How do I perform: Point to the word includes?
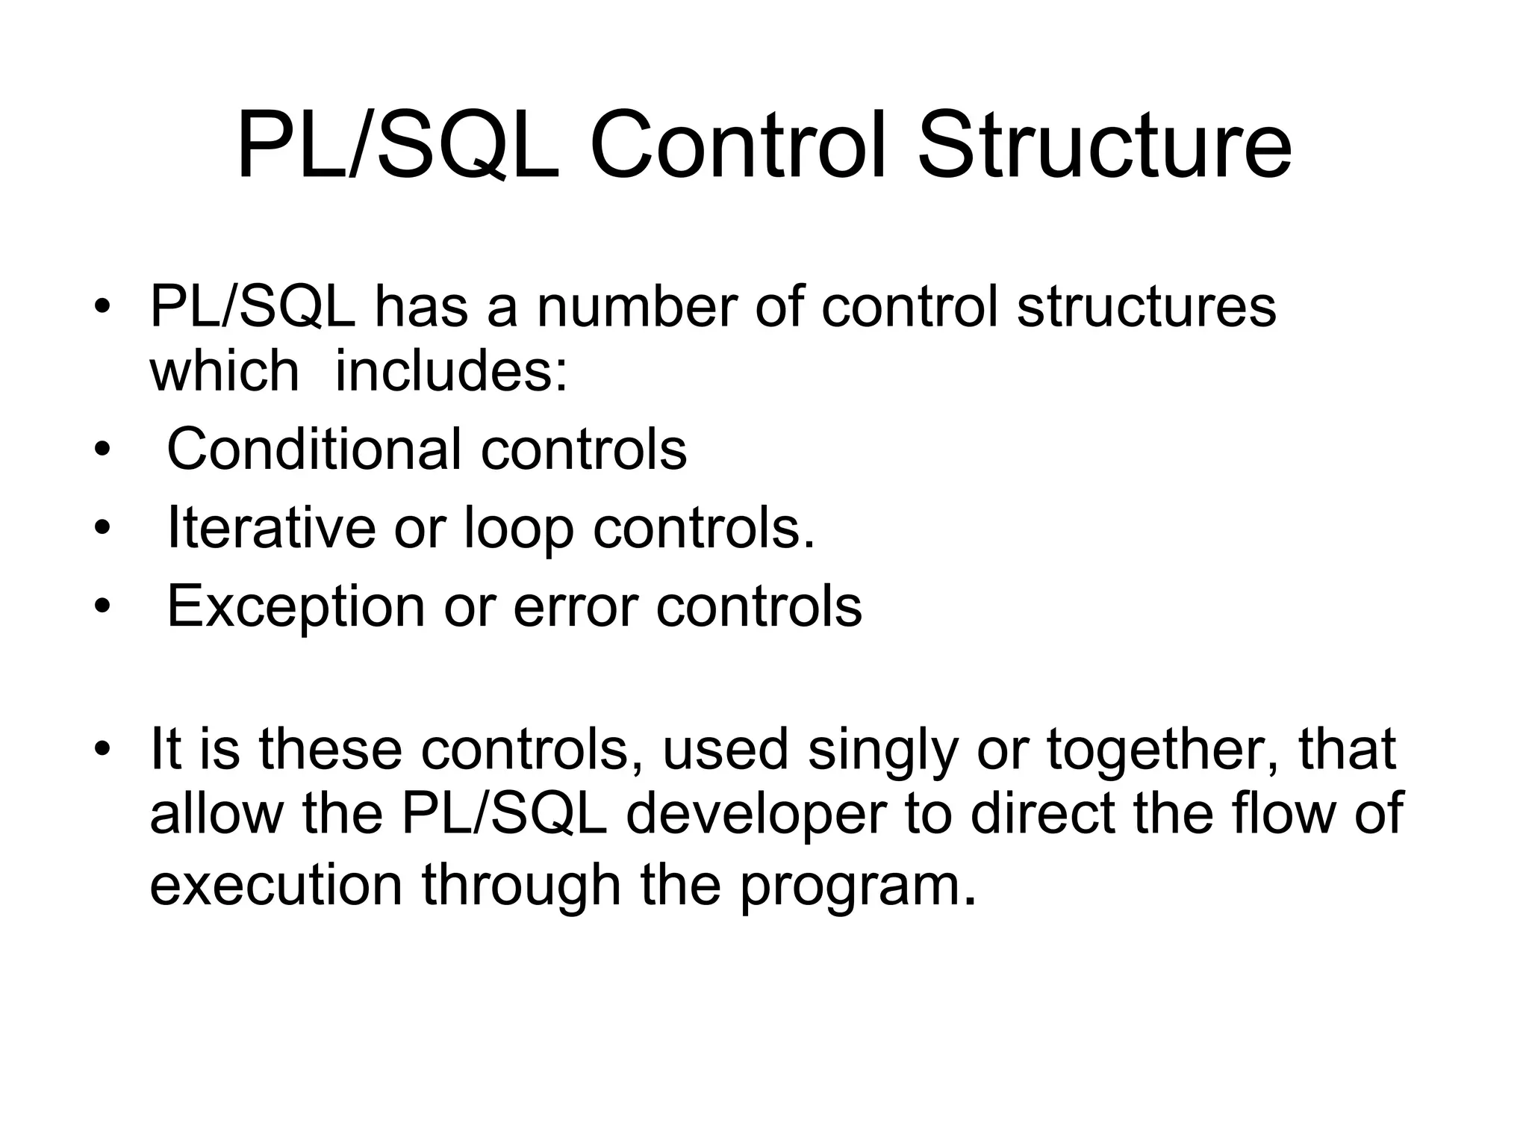tap(451, 371)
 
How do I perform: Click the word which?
tap(224, 371)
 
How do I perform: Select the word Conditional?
tap(314, 449)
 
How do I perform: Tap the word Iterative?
tap(270, 527)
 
